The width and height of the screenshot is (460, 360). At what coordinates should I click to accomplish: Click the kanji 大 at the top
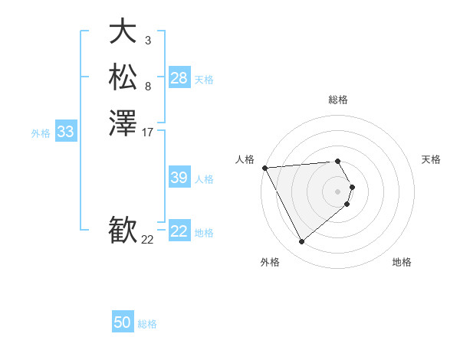123,31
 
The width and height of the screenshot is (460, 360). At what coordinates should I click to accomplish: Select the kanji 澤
123,123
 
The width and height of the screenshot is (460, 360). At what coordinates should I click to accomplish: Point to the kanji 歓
123,231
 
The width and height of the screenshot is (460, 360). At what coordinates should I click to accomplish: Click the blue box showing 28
179,78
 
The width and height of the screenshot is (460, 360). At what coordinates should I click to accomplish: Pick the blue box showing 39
179,178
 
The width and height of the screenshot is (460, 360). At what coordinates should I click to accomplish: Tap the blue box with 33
66,132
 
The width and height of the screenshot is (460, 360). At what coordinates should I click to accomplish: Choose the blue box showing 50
123,322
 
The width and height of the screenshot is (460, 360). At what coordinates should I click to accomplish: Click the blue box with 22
179,231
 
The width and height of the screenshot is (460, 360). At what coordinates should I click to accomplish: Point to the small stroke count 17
148,133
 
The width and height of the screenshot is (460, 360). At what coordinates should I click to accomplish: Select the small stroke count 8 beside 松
147,87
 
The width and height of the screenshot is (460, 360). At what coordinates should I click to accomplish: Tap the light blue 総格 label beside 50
147,324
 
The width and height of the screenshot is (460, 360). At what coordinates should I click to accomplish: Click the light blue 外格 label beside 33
41,133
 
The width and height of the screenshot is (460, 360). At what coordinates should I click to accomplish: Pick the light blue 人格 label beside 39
204,179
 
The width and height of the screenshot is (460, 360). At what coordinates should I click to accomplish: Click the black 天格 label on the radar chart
431,159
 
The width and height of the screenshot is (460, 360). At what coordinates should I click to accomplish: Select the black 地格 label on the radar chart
402,262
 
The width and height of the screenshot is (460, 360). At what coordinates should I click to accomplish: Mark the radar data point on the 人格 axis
264,168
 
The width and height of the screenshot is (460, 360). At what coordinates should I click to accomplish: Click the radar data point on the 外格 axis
301,242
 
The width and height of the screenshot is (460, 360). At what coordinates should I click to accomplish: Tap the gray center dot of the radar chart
338,191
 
